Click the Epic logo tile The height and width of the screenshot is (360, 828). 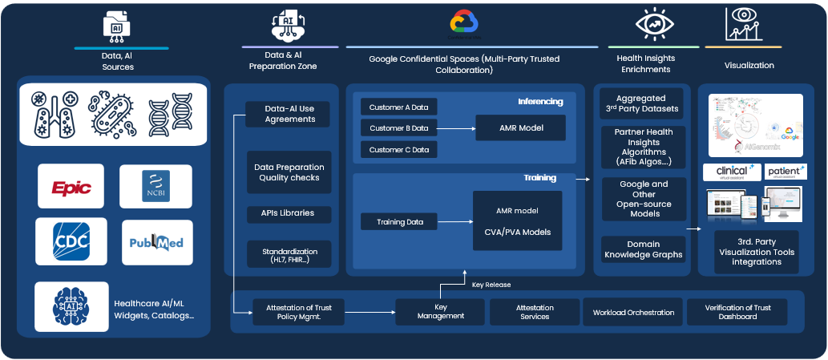click(x=71, y=186)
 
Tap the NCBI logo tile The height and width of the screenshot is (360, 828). click(x=156, y=186)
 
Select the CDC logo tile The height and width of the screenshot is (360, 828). click(x=71, y=242)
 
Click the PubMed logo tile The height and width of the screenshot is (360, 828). click(x=156, y=242)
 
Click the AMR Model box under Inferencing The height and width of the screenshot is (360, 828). click(x=520, y=127)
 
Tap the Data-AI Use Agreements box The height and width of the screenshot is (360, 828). click(x=289, y=114)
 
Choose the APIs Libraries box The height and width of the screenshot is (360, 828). click(x=289, y=213)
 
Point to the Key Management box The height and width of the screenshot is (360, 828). click(x=440, y=311)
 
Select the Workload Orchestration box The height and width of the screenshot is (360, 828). click(x=633, y=312)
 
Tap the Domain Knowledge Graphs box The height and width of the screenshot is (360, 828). click(x=644, y=249)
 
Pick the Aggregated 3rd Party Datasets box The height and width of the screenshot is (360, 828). click(x=644, y=103)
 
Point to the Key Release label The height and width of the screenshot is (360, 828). click(x=491, y=285)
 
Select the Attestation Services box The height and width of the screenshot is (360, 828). click(x=535, y=312)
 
